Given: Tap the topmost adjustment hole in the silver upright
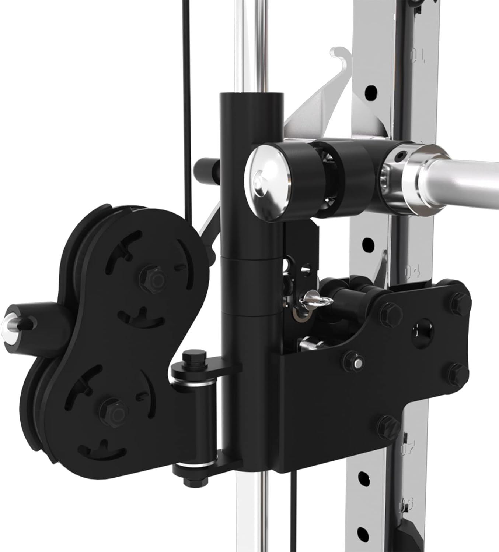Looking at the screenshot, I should pos(371,91).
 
